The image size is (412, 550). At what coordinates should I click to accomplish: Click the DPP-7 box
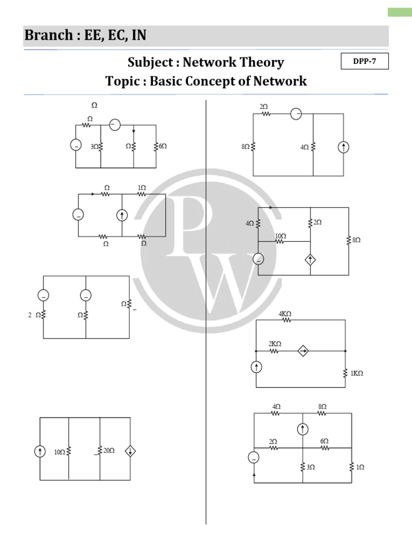coord(365,62)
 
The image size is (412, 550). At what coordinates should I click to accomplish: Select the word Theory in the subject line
coord(261,62)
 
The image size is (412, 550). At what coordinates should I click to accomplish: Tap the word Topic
coord(123,81)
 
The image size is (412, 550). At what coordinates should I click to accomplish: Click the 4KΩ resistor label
coord(285,314)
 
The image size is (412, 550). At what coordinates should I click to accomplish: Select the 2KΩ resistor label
coord(275,343)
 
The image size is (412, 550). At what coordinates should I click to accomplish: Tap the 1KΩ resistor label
coord(357,373)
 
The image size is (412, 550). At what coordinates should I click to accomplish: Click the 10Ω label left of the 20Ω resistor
coord(59,452)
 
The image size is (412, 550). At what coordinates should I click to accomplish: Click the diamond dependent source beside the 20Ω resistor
coord(130,452)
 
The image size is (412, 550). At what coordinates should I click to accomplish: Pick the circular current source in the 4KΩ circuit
coord(256,367)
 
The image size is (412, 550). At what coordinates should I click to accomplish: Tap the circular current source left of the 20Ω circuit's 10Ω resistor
coord(40,452)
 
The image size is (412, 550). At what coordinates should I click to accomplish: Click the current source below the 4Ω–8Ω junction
coord(303,429)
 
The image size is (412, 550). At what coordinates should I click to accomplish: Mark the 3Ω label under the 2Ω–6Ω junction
coord(311,467)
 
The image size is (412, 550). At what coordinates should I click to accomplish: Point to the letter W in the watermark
coord(231,279)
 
